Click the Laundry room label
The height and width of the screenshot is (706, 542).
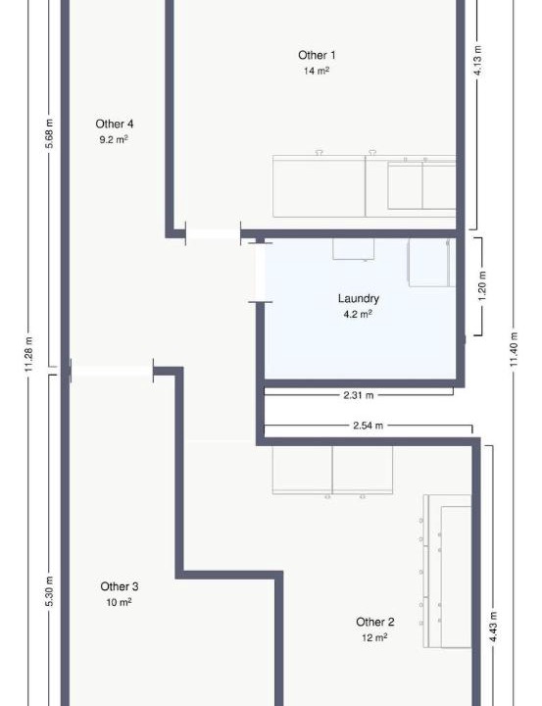tap(359, 298)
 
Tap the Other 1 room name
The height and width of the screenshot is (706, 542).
tap(317, 55)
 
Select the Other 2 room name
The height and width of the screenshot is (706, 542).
tap(375, 622)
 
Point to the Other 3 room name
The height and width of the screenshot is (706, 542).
tap(120, 586)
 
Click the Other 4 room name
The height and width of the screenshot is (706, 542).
tap(115, 124)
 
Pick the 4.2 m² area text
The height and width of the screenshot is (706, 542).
tap(358, 314)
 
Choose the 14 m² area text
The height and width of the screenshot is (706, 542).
tap(317, 71)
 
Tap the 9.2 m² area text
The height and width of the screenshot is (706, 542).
tap(114, 139)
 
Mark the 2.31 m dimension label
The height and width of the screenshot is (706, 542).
tap(359, 395)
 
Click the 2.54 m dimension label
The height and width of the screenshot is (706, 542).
tap(369, 425)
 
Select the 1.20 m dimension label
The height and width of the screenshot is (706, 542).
tap(482, 286)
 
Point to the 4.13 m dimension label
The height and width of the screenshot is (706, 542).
tap(478, 61)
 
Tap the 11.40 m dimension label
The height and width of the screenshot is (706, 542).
tap(515, 349)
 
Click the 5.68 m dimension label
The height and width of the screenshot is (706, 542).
tap(50, 133)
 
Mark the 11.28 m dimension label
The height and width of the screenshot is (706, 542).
tap(28, 354)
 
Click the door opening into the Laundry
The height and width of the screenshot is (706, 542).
tap(260, 273)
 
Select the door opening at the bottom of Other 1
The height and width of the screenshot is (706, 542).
tap(213, 233)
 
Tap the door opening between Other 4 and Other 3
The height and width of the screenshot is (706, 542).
tap(112, 371)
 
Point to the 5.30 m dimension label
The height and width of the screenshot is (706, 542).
tap(50, 590)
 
